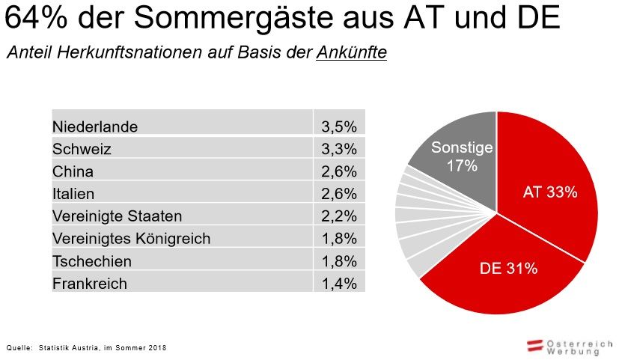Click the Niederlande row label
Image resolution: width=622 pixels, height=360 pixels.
95,126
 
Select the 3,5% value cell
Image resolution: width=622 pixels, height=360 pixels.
338,126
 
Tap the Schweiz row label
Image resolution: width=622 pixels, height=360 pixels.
82,149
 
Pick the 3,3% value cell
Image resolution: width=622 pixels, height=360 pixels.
338,149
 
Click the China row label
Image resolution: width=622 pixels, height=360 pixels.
73,171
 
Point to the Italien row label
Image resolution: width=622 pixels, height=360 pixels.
73,194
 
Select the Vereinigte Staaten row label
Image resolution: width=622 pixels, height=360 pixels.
117,216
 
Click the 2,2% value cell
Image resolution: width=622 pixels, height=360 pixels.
338,216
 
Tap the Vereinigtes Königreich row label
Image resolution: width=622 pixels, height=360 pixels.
131,239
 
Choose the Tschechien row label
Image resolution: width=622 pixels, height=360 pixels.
92,261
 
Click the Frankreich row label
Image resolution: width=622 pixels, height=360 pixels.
90,284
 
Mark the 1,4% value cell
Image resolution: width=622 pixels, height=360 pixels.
338,284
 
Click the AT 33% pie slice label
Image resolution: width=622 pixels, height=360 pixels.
549,192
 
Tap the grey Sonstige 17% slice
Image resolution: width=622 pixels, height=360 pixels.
462,156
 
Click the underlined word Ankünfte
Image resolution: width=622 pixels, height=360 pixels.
351,54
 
